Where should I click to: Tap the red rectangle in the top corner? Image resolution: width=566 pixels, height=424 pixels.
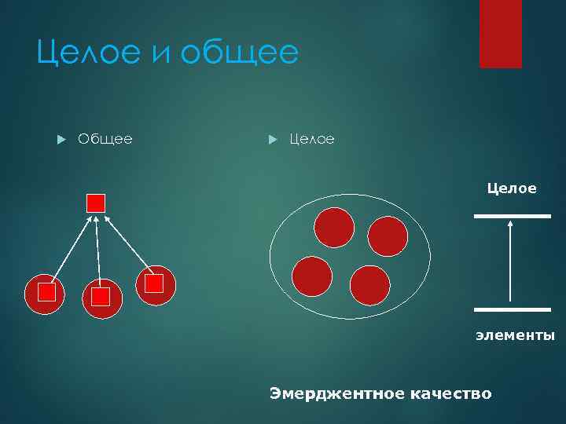tap(501, 34)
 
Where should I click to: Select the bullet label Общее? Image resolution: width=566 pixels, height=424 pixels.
tap(105, 139)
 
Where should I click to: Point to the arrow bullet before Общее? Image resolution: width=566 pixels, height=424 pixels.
tap(60, 139)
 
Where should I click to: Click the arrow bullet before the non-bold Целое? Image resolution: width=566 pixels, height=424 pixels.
tap(272, 139)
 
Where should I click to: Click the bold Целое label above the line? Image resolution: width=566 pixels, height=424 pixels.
tap(512, 188)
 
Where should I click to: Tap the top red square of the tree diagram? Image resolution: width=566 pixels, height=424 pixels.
tap(96, 203)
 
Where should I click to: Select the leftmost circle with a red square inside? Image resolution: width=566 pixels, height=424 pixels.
tap(45, 294)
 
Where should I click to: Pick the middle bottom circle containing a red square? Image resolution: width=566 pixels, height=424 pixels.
tap(102, 298)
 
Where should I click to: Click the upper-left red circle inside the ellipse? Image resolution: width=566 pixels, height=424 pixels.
tap(334, 227)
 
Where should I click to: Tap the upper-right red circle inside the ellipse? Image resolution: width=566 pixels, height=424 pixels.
tap(388, 236)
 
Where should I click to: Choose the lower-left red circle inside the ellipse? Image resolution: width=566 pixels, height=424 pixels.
tap(312, 276)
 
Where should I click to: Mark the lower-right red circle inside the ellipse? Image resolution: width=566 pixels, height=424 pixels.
tap(369, 285)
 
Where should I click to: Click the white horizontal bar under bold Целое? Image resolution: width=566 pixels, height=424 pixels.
tap(512, 216)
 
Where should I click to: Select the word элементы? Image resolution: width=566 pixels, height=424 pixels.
tap(515, 335)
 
